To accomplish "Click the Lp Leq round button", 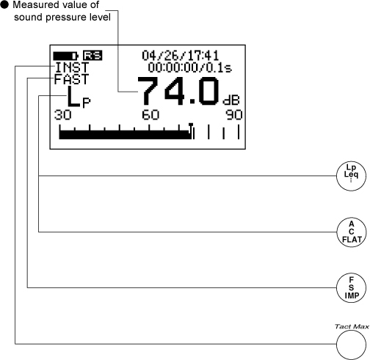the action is [351, 176].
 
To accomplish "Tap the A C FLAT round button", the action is [352, 232].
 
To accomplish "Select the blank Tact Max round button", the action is [351, 345].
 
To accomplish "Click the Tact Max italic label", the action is [352, 326].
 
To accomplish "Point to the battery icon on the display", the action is [66, 56].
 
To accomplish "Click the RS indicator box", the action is [92, 56].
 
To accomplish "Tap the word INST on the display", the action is [72, 67].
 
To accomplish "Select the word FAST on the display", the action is [71, 79].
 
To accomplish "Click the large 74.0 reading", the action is [178, 91].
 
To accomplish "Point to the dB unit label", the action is [231, 100].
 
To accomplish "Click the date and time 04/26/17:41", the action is [180, 56].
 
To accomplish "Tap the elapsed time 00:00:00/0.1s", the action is [189, 67].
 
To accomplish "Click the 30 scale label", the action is [63, 115].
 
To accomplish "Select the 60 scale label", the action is [150, 115].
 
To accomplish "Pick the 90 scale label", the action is [234, 115].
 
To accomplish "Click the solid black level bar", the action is [125, 135].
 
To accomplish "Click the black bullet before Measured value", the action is [4, 5].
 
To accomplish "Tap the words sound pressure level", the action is [62, 17].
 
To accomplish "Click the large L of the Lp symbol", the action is [73, 97].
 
